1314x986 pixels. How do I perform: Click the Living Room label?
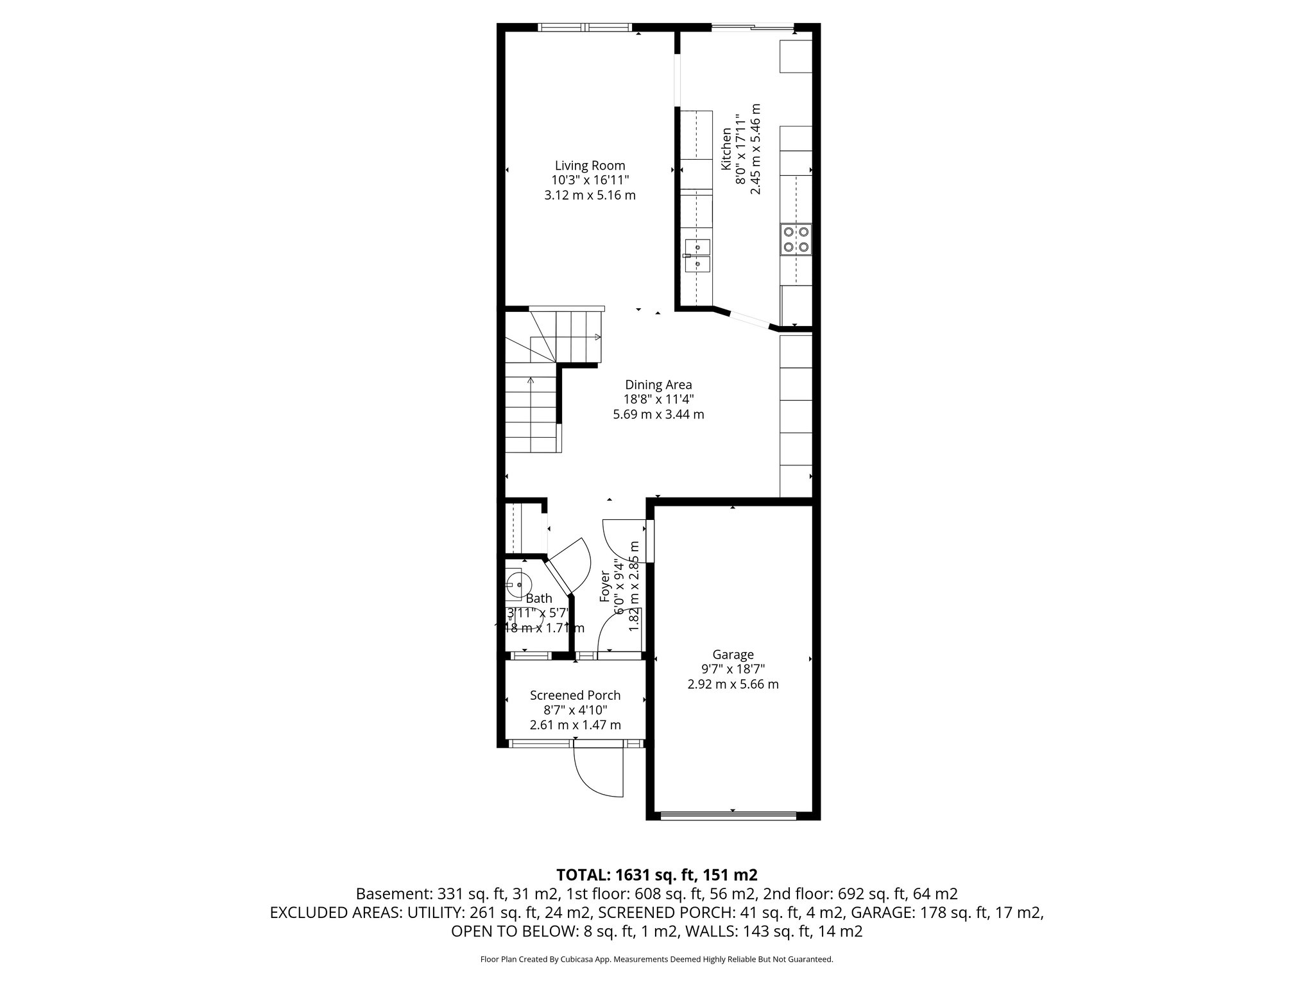point(590,166)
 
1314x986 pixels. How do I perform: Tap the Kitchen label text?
point(726,149)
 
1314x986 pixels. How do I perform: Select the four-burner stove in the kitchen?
point(796,239)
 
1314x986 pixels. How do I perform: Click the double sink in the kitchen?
point(697,255)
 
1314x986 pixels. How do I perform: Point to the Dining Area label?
point(658,385)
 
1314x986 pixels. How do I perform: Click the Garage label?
point(733,655)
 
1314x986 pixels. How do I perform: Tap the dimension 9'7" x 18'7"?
point(733,670)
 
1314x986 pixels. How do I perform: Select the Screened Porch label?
point(575,695)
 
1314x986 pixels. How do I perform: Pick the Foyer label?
point(604,586)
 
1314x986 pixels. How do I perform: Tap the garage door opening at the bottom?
point(728,816)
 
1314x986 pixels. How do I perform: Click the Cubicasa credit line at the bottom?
point(656,960)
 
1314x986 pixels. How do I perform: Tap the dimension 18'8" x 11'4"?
point(658,399)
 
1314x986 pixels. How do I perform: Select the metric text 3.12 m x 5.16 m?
point(590,195)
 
